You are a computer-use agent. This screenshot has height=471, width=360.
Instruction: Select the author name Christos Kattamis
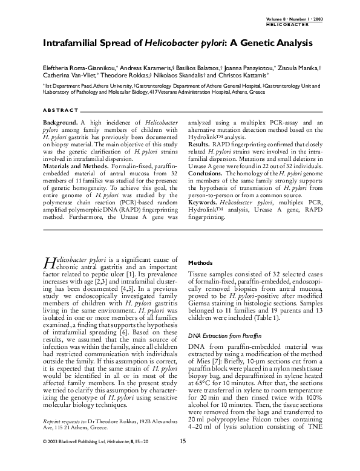245,76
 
